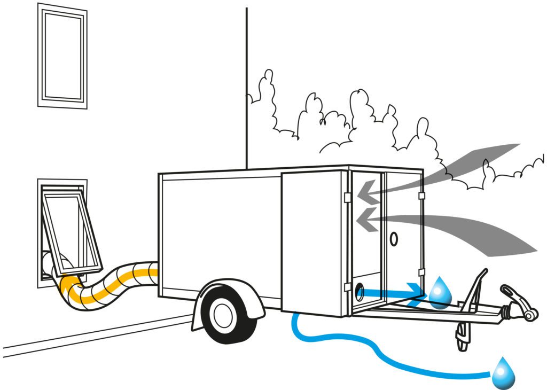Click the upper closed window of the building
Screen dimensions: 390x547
[x=62, y=56]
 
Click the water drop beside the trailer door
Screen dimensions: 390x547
[x=440, y=293]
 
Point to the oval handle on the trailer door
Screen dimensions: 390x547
[x=394, y=239]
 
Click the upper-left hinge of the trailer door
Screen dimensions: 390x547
[x=347, y=198]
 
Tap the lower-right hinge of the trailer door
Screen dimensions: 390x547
[x=422, y=272]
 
